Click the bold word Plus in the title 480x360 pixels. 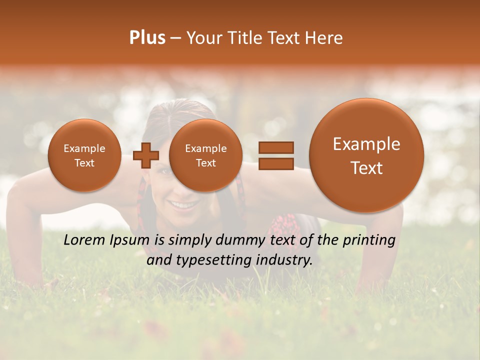click(x=147, y=38)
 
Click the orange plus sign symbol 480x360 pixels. click(x=145, y=155)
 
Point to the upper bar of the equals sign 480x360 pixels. click(x=276, y=147)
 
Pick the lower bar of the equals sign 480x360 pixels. click(x=276, y=164)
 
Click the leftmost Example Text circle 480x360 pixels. click(x=84, y=155)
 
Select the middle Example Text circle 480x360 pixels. click(x=205, y=155)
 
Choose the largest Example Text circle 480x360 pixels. click(x=366, y=155)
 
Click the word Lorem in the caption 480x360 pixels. click(x=84, y=240)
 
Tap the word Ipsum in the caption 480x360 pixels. click(x=129, y=240)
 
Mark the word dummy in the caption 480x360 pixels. click(x=240, y=240)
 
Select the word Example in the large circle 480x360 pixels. click(x=366, y=144)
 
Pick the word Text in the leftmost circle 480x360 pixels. click(x=84, y=163)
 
